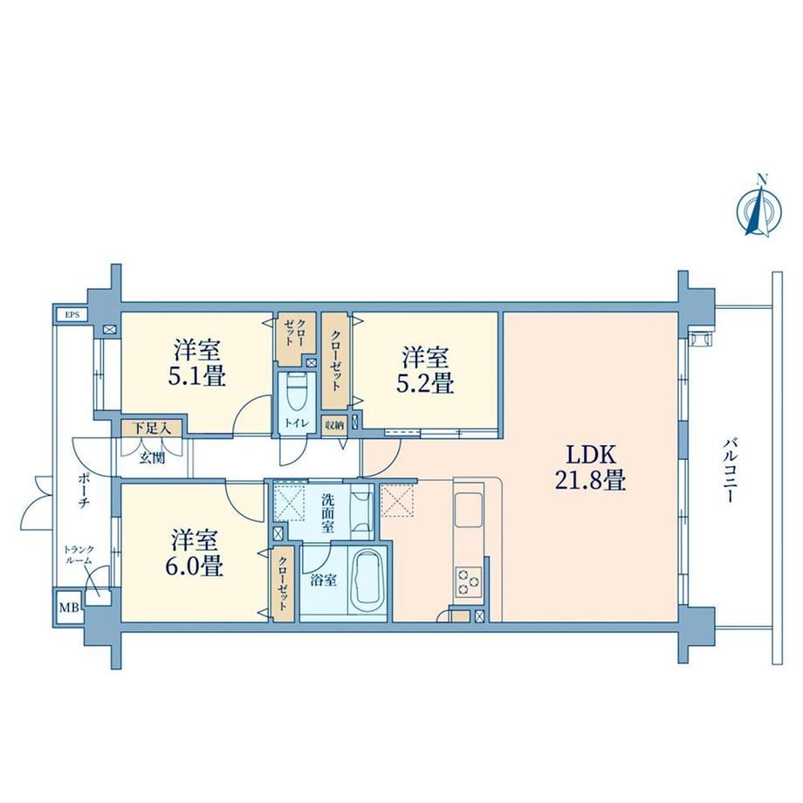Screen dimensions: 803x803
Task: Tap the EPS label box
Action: [72, 314]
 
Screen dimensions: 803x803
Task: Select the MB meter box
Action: [69, 607]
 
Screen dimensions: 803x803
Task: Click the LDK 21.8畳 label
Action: [590, 466]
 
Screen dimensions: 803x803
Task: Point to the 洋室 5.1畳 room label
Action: [196, 363]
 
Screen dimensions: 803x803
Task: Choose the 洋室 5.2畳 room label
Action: [425, 370]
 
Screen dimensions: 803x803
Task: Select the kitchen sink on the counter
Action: [469, 510]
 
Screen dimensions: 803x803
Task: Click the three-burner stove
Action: [468, 582]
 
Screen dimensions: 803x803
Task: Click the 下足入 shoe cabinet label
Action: [151, 429]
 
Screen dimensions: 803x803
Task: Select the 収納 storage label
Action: [334, 425]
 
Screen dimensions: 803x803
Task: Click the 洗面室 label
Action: [328, 512]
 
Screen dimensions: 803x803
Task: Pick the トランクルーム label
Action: [79, 554]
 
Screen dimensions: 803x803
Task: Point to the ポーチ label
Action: [85, 491]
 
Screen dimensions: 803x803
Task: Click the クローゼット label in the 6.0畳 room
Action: [283, 584]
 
